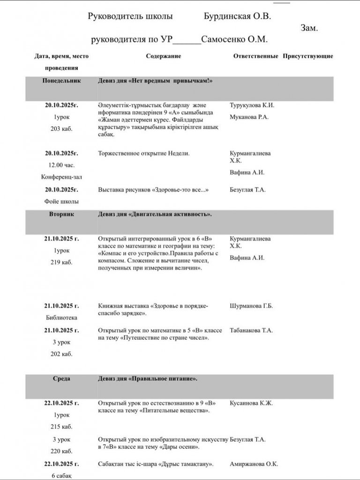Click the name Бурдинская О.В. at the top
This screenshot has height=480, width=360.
[x=238, y=17]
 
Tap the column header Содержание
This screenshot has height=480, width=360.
[x=163, y=56]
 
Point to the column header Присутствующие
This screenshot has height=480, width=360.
[x=307, y=56]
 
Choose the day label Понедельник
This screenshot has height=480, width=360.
[x=61, y=81]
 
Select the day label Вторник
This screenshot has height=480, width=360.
[x=61, y=214]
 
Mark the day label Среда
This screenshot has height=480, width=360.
[x=61, y=378]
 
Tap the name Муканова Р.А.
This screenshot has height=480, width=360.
[x=249, y=117]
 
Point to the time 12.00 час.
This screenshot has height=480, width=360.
[x=61, y=165]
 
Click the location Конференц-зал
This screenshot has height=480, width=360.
[x=61, y=177]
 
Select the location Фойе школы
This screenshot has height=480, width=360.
[x=61, y=202]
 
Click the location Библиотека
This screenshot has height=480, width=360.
[x=61, y=317]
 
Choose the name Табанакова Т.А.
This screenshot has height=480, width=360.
[x=252, y=330]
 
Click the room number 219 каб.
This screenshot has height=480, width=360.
[x=61, y=262]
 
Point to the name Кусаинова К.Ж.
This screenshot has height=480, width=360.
[x=252, y=403]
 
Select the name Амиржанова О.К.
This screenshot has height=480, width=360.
[x=254, y=464]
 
